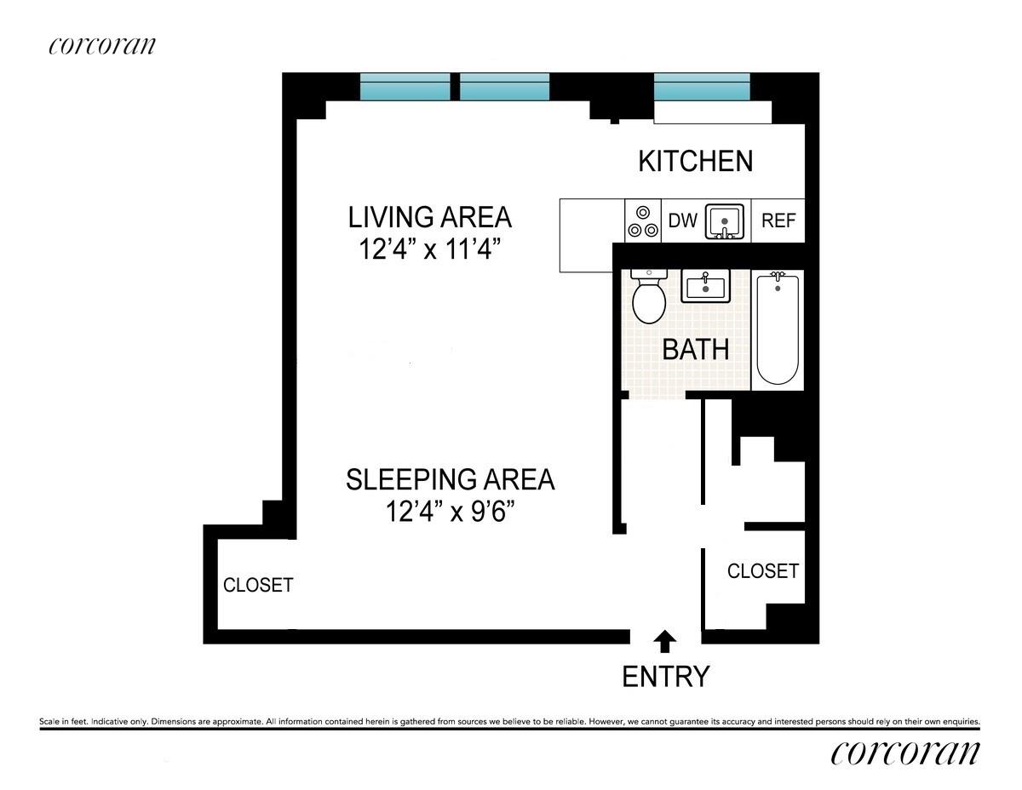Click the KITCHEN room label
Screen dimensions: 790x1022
point(696,161)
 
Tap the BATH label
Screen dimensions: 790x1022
point(696,349)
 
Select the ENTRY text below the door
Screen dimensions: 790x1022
point(666,677)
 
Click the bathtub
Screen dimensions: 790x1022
point(778,329)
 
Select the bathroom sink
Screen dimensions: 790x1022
point(705,287)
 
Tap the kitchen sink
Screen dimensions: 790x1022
point(725,221)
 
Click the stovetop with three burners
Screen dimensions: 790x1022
point(643,220)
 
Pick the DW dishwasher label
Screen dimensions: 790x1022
point(682,220)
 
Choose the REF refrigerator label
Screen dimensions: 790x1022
point(778,220)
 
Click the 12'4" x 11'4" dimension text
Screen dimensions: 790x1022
point(430,251)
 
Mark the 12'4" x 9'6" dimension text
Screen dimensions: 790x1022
point(450,512)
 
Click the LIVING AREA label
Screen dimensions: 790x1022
point(430,217)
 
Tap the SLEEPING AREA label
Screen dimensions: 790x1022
point(450,479)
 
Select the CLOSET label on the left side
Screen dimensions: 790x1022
point(258,585)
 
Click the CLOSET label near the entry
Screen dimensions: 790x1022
point(763,571)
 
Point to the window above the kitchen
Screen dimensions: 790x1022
point(702,88)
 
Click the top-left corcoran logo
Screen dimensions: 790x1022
point(102,45)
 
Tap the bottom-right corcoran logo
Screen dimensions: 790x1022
point(905,753)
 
